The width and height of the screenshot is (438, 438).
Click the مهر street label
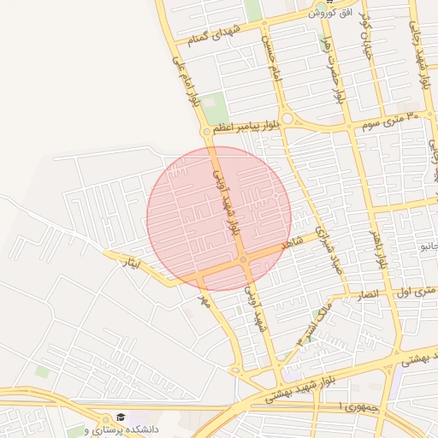(x=204, y=301)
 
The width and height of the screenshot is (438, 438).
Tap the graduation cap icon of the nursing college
(x=120, y=417)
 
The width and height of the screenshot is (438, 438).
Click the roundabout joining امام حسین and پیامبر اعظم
(x=287, y=119)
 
